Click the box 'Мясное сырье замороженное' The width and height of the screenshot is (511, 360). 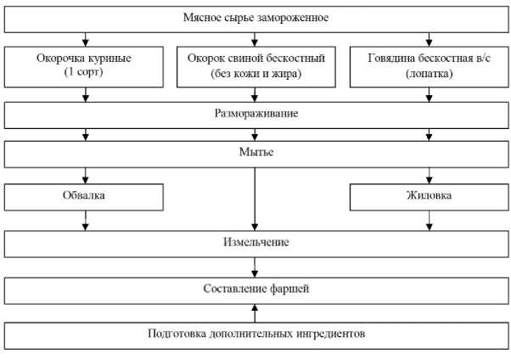(x=255, y=17)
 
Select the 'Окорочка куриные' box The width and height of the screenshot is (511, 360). (x=84, y=66)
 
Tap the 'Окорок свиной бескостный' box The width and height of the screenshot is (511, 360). (x=255, y=66)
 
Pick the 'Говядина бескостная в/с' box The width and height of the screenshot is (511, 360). (x=428, y=66)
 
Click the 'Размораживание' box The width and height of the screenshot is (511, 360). (x=255, y=113)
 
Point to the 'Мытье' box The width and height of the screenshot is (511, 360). (x=255, y=155)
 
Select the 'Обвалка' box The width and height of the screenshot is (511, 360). (x=84, y=197)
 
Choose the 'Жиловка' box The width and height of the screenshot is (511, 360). (x=428, y=197)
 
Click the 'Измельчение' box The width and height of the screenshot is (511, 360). (x=255, y=243)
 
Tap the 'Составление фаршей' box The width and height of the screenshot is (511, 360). (x=255, y=289)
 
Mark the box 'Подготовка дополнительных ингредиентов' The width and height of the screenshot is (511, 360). (x=255, y=334)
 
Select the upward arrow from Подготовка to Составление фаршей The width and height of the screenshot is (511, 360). (x=255, y=312)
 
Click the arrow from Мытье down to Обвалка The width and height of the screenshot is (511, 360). (x=85, y=176)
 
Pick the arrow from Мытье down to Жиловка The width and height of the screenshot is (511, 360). (x=429, y=176)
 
